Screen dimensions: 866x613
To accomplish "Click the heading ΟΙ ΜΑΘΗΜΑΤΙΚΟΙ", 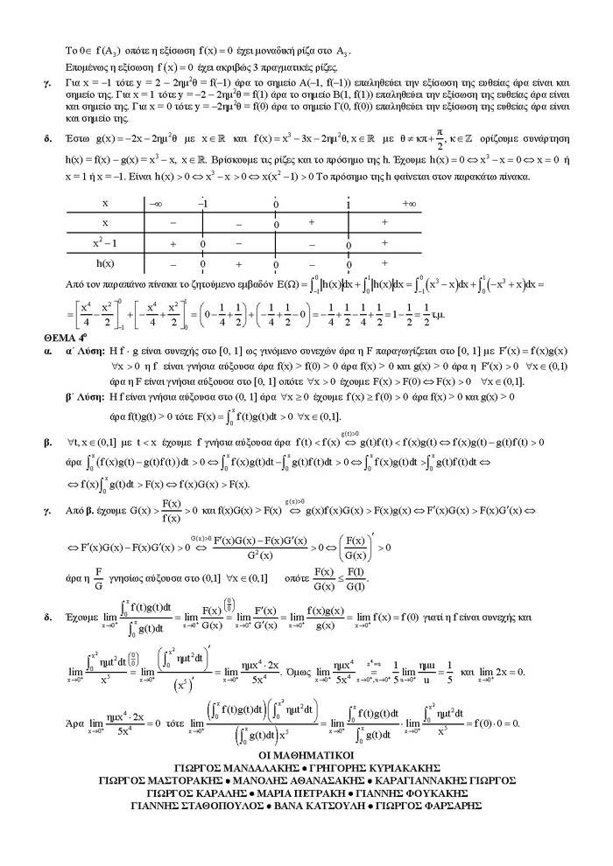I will (306, 752).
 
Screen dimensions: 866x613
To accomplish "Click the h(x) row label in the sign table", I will (105, 262).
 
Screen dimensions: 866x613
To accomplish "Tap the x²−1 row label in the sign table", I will (105, 243).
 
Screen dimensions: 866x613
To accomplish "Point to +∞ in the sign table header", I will (408, 203).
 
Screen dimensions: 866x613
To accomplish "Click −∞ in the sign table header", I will (156, 203).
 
